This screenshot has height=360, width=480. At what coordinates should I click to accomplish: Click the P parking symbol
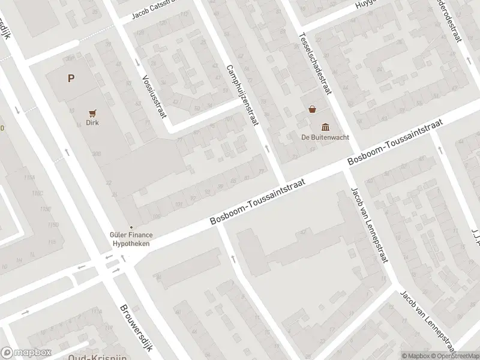click(71, 78)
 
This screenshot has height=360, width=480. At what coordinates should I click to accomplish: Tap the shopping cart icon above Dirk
click(92, 112)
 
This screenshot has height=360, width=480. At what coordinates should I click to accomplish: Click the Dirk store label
click(92, 122)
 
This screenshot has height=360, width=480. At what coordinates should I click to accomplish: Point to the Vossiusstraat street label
click(154, 97)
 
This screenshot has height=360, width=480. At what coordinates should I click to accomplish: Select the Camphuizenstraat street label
click(242, 94)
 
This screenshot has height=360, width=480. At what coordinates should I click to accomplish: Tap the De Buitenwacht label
click(325, 136)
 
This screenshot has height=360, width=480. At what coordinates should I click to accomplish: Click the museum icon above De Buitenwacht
click(325, 126)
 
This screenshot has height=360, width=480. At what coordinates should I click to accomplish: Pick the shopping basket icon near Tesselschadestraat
click(312, 109)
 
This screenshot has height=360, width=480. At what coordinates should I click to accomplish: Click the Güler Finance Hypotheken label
click(131, 240)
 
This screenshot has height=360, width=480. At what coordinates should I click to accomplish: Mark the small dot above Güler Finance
click(131, 227)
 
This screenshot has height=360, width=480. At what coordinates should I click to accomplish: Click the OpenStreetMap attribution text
click(455, 355)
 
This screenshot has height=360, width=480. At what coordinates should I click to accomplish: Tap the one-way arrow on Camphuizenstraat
click(266, 147)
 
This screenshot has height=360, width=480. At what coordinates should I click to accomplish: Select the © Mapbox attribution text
click(416, 355)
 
